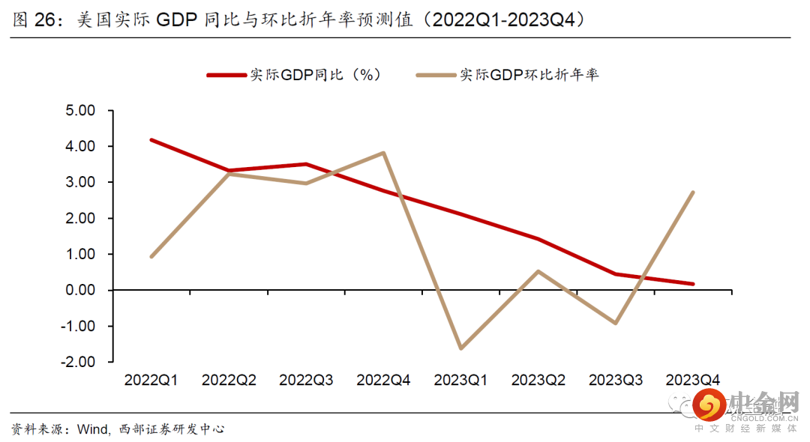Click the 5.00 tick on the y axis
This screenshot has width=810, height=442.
[x=80, y=111]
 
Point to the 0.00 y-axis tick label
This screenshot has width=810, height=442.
[x=80, y=290]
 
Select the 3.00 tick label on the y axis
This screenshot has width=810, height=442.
[x=80, y=182]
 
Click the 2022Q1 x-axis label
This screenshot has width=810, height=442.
[x=151, y=380]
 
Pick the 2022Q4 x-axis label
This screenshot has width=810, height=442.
[x=383, y=380]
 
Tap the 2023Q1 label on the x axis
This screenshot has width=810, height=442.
[x=460, y=380]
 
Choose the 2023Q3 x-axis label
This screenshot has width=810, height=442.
[x=616, y=380]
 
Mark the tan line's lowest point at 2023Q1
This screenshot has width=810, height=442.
[x=460, y=348]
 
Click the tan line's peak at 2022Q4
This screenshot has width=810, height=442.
[x=383, y=153]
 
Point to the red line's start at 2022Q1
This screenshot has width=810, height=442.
[x=151, y=139]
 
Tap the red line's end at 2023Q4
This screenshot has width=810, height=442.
[x=693, y=284]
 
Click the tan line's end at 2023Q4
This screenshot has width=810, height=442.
[x=693, y=193]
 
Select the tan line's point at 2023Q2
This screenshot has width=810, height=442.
[x=538, y=271]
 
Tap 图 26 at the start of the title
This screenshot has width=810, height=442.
[x=36, y=20]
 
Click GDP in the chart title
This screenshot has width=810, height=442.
[x=177, y=20]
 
